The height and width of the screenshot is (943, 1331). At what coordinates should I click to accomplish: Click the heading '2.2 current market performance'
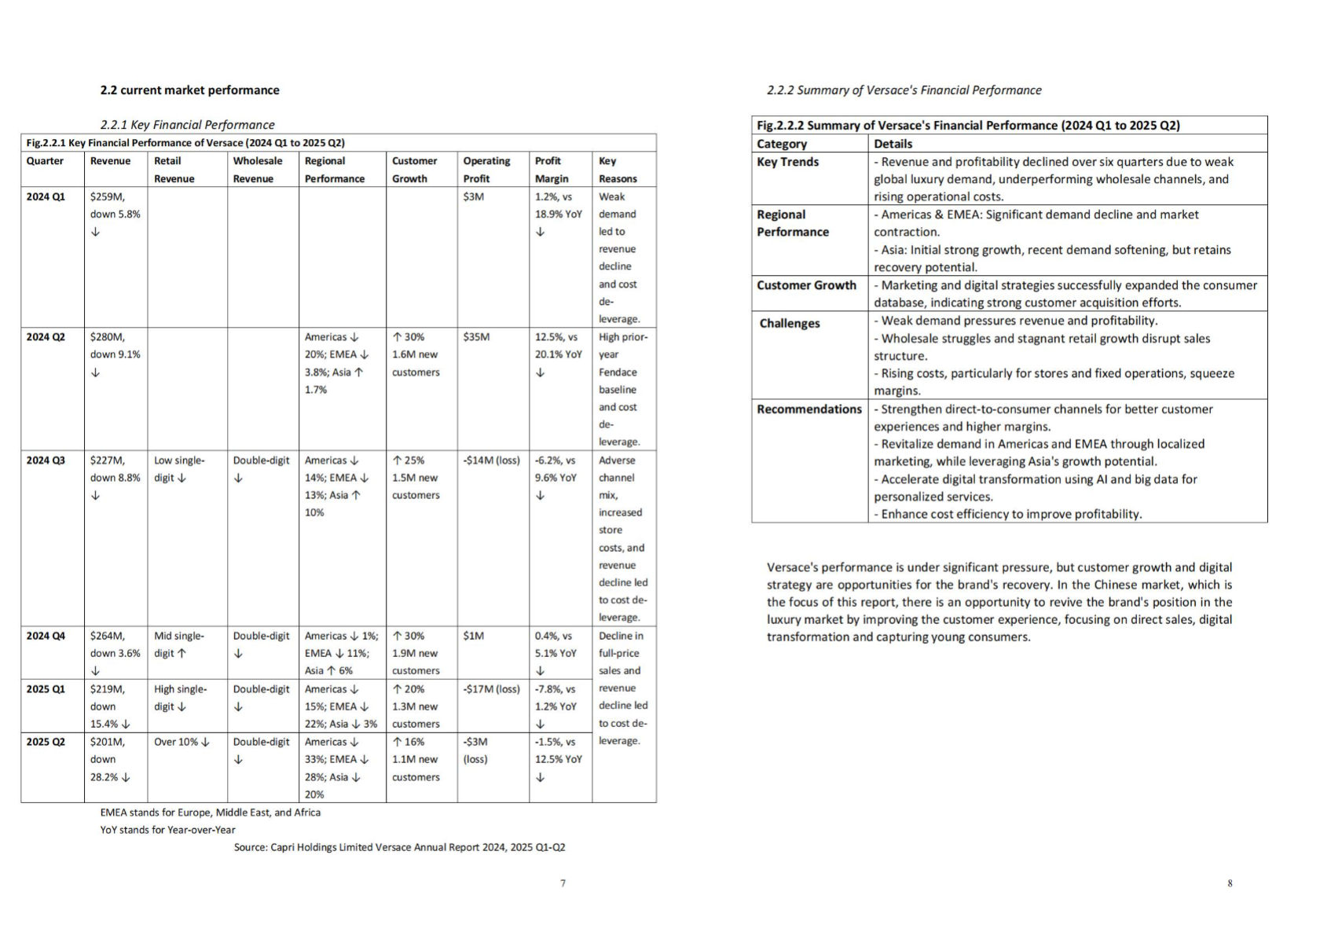point(189,90)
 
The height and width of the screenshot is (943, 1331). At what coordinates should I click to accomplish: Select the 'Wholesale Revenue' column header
point(257,170)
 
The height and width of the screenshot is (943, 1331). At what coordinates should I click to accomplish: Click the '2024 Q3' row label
point(46,460)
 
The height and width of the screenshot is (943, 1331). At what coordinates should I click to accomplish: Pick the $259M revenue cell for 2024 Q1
point(108,196)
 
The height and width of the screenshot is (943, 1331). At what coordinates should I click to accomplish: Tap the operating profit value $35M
point(476,337)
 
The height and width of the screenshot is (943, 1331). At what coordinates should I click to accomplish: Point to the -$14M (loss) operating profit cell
point(491,460)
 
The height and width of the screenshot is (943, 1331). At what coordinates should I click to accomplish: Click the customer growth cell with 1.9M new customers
point(416,653)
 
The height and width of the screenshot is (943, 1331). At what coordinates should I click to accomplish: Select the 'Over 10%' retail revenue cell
point(181,742)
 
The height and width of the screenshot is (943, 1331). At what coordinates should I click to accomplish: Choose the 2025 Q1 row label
point(46,689)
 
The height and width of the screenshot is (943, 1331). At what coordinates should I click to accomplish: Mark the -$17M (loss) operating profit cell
point(491,689)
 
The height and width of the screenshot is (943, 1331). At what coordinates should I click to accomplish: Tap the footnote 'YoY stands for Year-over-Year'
point(167,830)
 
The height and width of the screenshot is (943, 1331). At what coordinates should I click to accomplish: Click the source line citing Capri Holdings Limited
point(399,847)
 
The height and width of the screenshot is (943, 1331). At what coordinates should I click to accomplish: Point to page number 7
point(563,883)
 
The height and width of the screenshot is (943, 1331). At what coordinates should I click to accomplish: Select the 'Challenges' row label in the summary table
point(789,324)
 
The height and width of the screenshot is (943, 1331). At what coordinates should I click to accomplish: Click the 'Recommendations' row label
point(808,409)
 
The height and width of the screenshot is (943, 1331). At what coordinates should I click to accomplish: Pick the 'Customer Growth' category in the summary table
point(806,285)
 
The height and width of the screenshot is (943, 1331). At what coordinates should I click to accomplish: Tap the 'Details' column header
point(893,144)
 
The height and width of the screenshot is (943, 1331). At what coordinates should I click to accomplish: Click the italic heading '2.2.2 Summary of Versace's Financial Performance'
point(904,90)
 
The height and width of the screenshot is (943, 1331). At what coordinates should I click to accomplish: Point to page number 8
point(1230,883)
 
